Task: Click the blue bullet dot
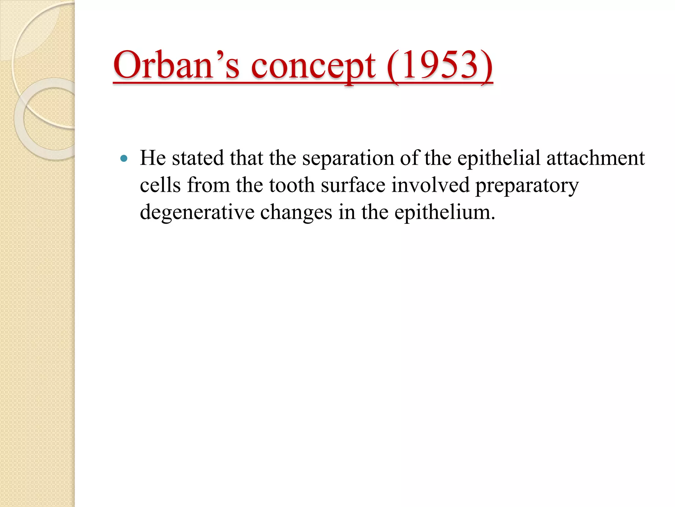[124, 158]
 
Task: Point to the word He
[153, 158]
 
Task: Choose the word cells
[160, 185]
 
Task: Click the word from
[208, 185]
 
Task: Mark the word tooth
[292, 185]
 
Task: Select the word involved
[430, 185]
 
